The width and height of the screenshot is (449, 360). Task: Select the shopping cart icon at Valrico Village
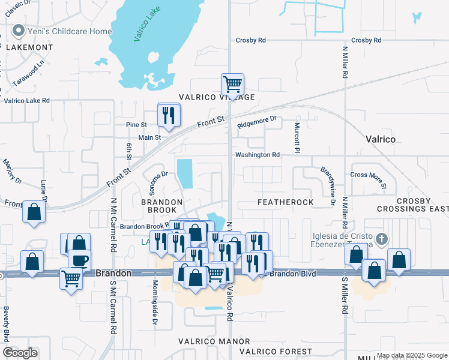[232, 84]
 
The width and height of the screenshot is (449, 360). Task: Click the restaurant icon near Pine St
[169, 114]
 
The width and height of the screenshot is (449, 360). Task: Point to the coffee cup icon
[79, 260]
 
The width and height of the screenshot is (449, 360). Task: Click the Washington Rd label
[258, 155]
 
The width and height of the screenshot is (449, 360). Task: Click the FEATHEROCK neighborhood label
[286, 202]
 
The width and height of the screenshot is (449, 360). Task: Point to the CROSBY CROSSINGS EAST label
[412, 205]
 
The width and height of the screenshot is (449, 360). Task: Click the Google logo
[20, 352]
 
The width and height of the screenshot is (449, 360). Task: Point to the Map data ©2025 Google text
[411, 356]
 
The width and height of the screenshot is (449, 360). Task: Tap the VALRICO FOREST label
[276, 351]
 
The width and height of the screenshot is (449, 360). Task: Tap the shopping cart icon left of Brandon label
[71, 278]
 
